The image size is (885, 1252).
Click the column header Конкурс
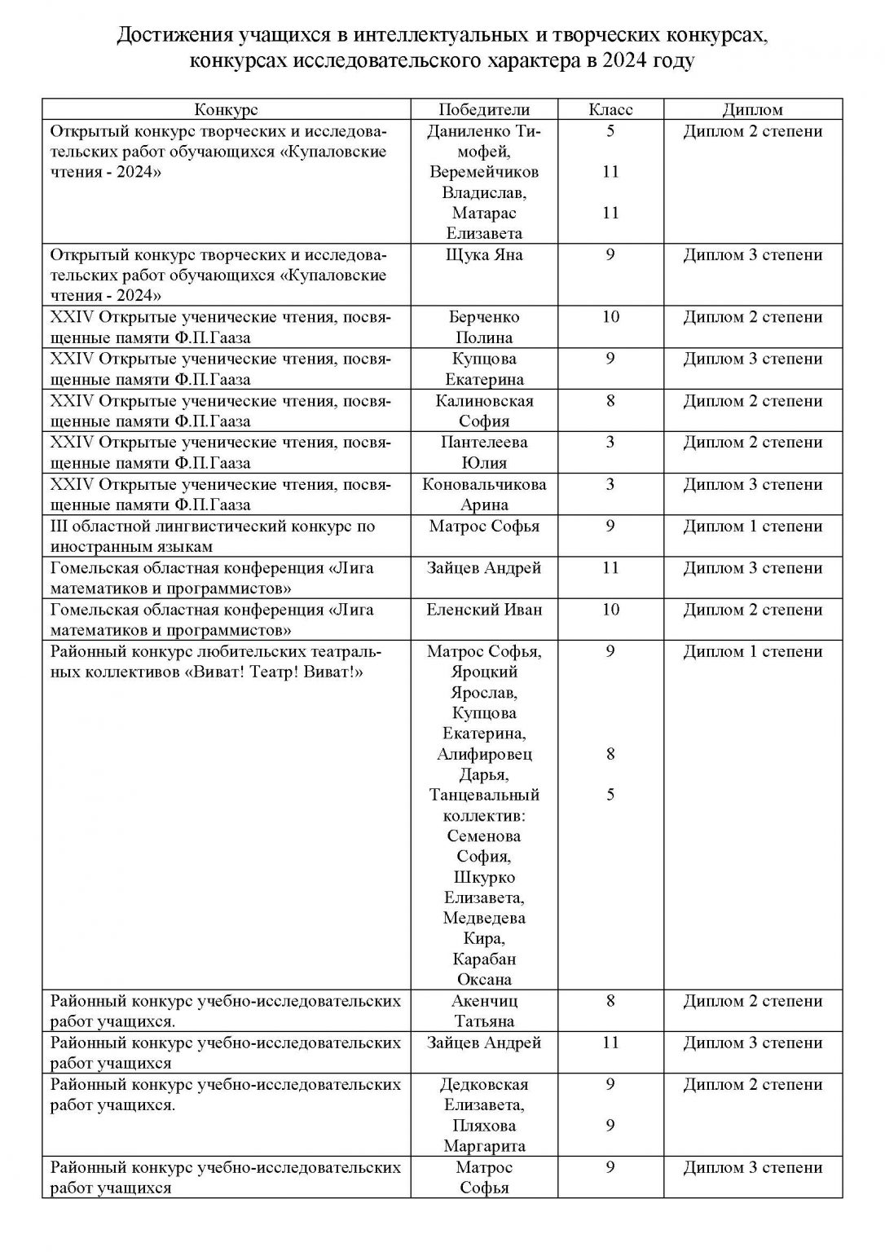[226, 110]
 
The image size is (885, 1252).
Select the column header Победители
[484, 110]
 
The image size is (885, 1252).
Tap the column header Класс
[610, 110]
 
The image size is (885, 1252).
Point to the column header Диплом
[752, 110]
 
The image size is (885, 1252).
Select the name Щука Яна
[484, 255]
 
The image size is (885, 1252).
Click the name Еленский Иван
[484, 610]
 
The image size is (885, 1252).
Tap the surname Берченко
[484, 317]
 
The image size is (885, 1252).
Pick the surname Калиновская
[484, 401]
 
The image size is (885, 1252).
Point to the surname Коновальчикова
[484, 484]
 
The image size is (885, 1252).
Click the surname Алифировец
[484, 754]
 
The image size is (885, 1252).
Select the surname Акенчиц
[484, 1001]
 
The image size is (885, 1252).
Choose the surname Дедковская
[484, 1085]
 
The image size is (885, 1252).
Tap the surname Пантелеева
[484, 443]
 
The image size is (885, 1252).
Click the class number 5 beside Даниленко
[610, 131]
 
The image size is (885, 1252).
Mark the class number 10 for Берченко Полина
[610, 317]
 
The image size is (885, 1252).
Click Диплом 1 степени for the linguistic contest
[752, 527]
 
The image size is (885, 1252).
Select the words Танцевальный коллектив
[484, 805]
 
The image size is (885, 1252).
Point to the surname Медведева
[484, 919]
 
